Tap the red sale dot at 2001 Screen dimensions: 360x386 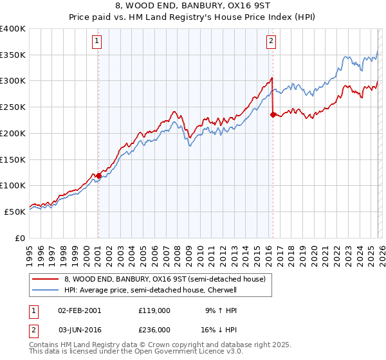click(x=98, y=175)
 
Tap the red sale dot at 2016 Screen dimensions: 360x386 click(x=273, y=114)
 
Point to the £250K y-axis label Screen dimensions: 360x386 click(x=13, y=107)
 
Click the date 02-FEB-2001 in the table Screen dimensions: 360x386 click(x=79, y=310)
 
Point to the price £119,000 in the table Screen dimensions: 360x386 click(x=154, y=310)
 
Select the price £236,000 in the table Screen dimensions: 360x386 click(x=154, y=330)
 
